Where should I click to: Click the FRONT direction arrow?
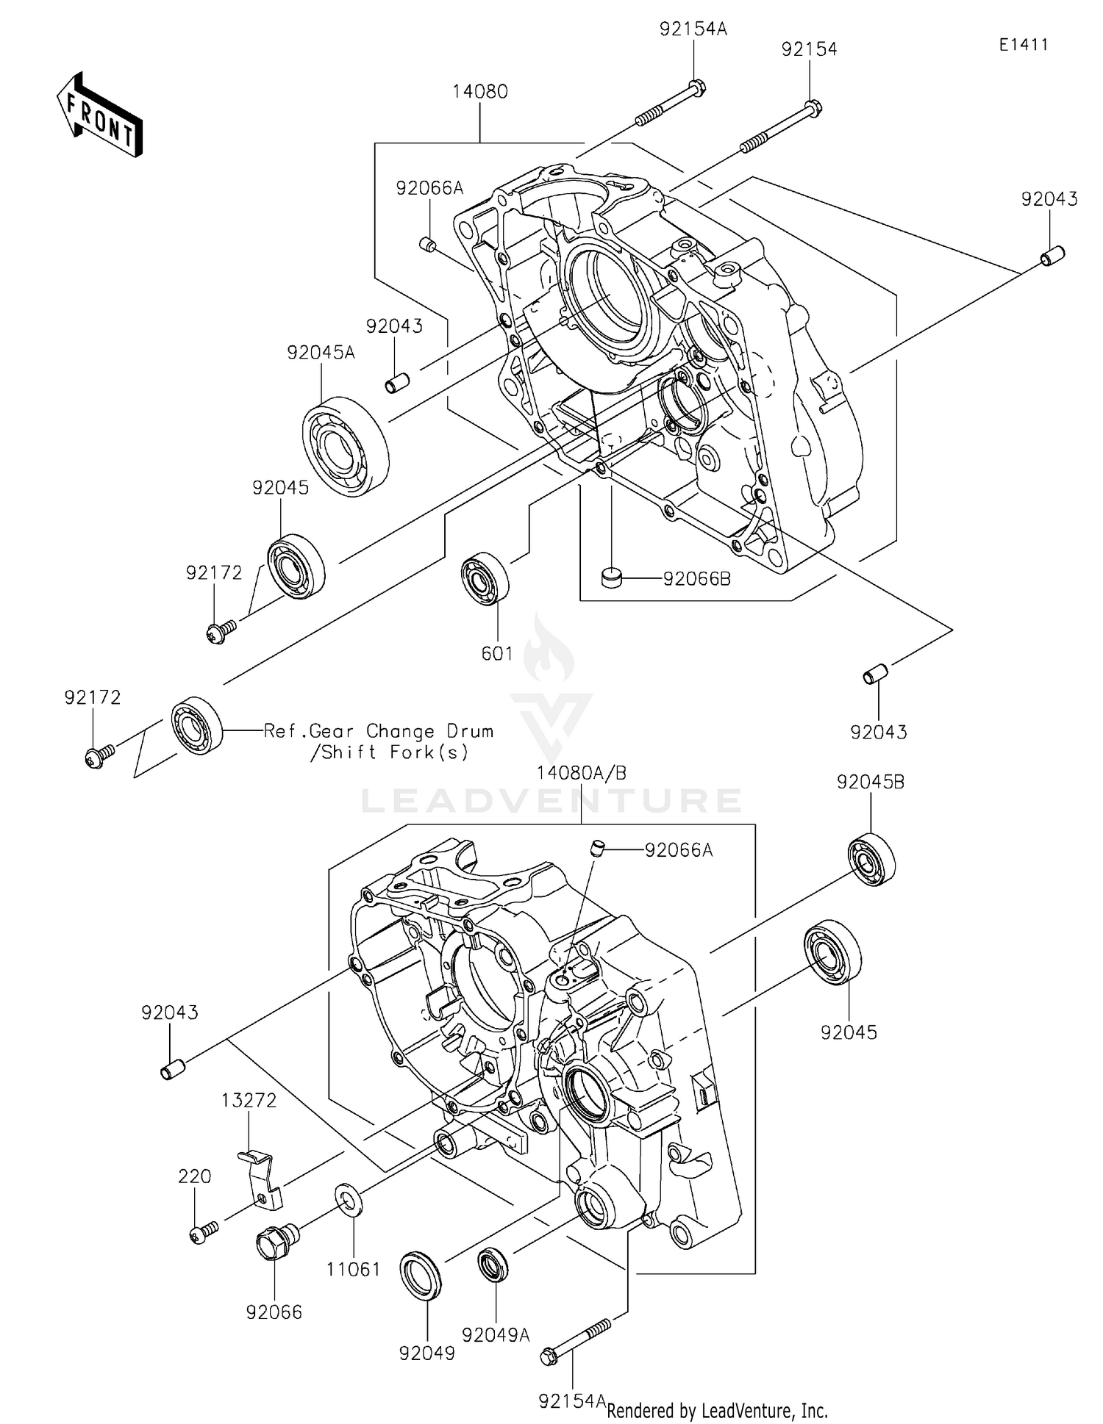(x=99, y=115)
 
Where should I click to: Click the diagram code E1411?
(x=1023, y=45)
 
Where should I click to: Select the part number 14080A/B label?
(x=581, y=773)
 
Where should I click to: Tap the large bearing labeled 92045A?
(x=346, y=446)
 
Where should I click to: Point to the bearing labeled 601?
(x=485, y=578)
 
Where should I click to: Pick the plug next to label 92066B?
(x=611, y=578)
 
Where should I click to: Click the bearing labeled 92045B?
(x=871, y=859)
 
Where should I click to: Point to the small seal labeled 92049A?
(x=493, y=1266)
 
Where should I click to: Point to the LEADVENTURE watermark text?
(x=551, y=800)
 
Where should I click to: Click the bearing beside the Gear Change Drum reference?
(x=197, y=724)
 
